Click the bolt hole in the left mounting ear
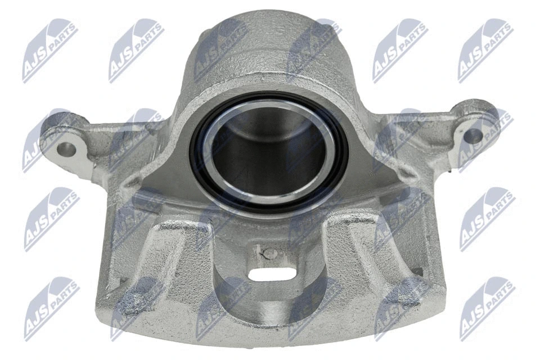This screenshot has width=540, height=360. point(66,149)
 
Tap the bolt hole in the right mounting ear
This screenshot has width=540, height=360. point(473,135)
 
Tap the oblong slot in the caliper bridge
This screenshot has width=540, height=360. point(272,274)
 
